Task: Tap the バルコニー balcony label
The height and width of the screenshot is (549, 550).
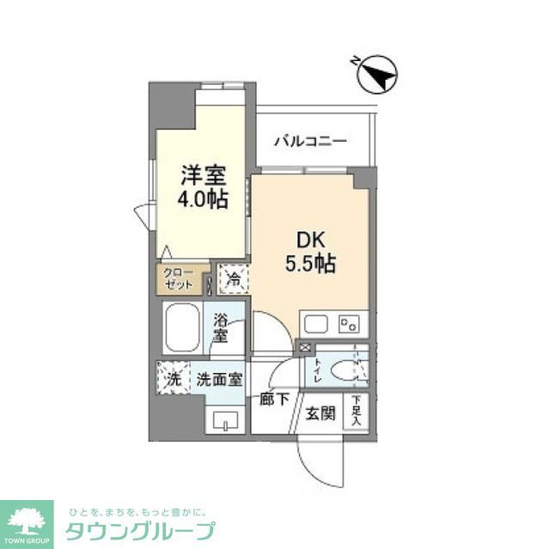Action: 310,141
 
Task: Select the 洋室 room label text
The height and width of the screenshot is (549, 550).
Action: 203,175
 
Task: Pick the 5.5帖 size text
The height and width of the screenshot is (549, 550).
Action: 310,264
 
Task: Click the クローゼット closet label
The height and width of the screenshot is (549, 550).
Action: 180,278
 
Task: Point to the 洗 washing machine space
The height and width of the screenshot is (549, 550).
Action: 171,378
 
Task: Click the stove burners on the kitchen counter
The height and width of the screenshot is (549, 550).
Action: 349,324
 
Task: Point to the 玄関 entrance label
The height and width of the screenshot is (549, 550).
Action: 321,413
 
